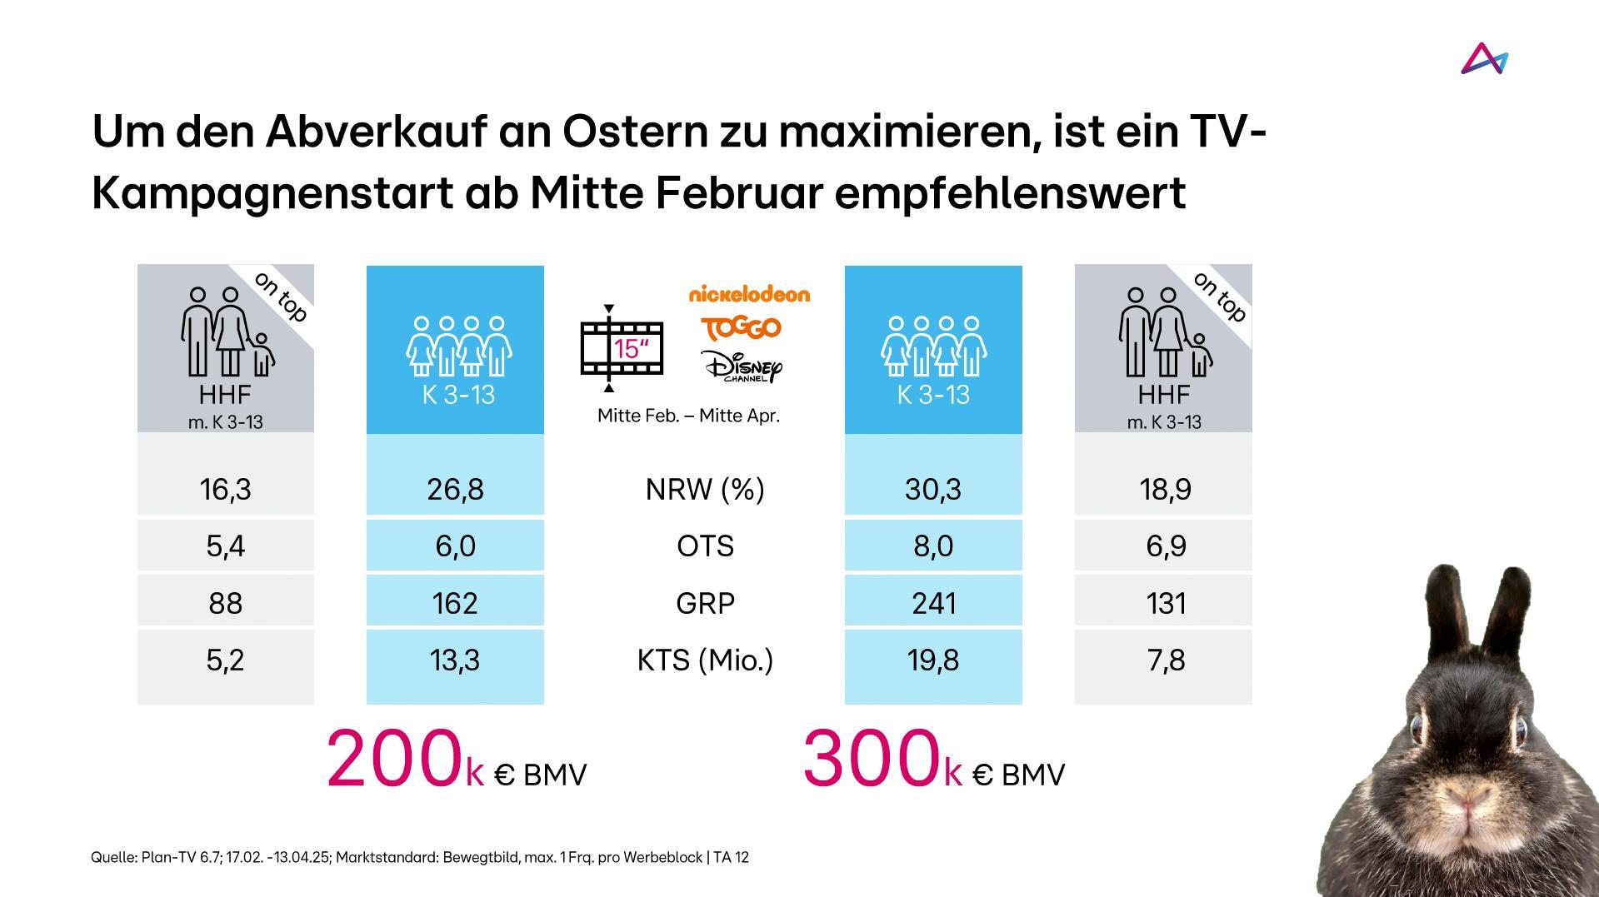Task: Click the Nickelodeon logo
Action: tap(749, 294)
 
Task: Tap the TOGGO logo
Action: tap(741, 328)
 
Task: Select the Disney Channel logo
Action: tap(742, 366)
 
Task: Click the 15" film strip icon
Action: tap(622, 348)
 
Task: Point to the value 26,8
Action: tap(455, 489)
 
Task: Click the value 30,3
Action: tap(932, 489)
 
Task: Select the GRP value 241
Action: tap(933, 602)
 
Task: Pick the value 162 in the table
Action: tap(455, 602)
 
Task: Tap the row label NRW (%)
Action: tap(705, 489)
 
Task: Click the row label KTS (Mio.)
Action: tap(705, 660)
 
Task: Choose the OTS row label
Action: tap(705, 546)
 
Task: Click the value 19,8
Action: tap(932, 660)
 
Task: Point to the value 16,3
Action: tap(225, 489)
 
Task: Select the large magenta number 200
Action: tap(394, 759)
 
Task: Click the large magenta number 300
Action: tap(871, 759)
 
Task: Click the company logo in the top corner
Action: tap(1484, 59)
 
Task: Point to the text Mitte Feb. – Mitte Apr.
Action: tap(688, 416)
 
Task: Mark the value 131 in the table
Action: tap(1165, 602)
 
